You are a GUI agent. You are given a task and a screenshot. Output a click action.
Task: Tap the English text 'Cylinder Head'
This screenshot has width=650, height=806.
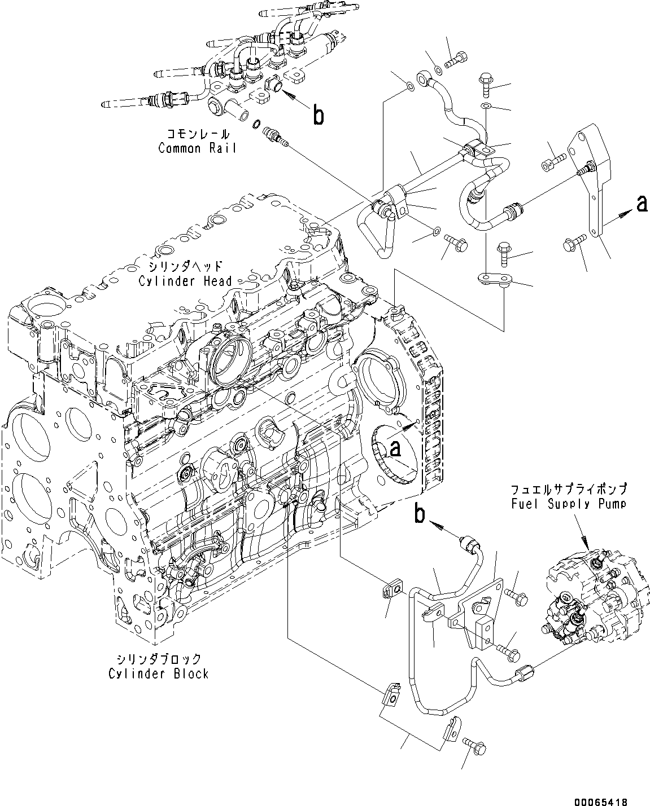pyautogui.click(x=186, y=280)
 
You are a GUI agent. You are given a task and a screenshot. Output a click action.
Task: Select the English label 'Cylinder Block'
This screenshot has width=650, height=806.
pyautogui.click(x=159, y=673)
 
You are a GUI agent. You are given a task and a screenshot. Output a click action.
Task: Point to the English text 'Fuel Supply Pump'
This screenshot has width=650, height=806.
pyautogui.click(x=568, y=504)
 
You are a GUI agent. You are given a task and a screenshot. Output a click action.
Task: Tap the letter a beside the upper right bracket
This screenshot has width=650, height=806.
pyautogui.click(x=641, y=204)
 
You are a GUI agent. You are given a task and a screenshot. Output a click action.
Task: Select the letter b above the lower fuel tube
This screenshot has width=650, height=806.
pyautogui.click(x=420, y=514)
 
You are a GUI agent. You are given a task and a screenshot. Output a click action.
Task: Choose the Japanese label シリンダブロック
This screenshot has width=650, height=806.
pyautogui.click(x=159, y=659)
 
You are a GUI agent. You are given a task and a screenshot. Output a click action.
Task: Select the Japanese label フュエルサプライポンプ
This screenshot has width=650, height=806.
pyautogui.click(x=568, y=489)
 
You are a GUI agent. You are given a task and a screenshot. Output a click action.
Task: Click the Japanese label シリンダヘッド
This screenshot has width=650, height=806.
pyautogui.click(x=186, y=266)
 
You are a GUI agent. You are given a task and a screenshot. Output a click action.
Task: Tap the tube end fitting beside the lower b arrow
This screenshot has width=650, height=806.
pyautogui.click(x=470, y=543)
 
